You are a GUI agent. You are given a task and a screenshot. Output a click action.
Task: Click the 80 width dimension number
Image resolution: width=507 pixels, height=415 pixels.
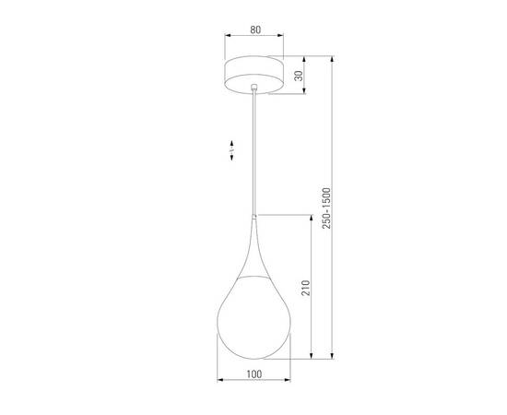(254, 29)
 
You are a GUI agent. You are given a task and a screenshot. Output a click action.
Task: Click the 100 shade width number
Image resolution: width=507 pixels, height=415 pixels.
(254, 373)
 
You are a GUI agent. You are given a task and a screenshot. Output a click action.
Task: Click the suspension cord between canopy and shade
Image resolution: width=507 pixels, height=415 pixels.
(254, 148)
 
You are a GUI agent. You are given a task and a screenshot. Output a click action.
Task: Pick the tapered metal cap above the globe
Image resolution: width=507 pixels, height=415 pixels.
(254, 249)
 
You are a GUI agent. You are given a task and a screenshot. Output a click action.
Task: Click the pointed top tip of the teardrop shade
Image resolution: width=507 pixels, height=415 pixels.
(254, 215)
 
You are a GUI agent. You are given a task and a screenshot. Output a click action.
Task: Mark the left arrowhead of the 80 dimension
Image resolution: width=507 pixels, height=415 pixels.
(228, 38)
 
